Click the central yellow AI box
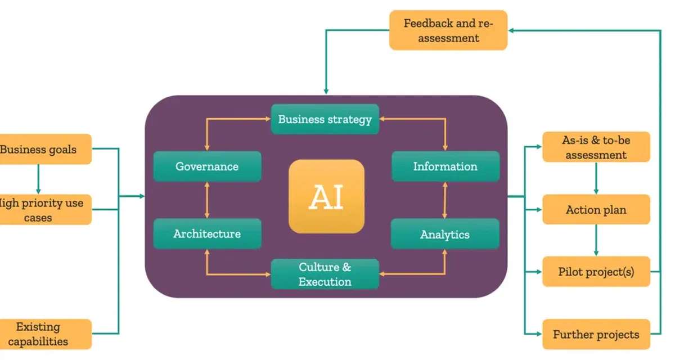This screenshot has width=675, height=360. tap(326, 196)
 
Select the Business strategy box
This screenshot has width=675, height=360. tap(325, 119)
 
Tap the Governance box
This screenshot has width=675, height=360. tap(207, 166)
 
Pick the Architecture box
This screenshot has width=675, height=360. tap(207, 233)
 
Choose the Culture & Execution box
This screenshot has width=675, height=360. tap(325, 274)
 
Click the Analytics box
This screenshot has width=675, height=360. tap(444, 234)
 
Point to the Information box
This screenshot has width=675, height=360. tap(445, 166)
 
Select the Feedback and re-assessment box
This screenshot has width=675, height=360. tap(448, 30)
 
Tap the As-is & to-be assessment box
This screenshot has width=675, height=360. tap(596, 147)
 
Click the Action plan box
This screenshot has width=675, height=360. tap(596, 210)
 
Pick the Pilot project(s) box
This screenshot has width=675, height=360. tap(596, 272)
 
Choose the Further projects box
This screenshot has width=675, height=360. tap(596, 335)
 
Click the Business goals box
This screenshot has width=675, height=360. tap(45, 150)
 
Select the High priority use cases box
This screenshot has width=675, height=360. tap(45, 210)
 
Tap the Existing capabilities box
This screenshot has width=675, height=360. tap(45, 334)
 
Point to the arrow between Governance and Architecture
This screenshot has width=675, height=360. tap(207, 200)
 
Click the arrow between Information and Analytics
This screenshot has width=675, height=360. tap(445, 200)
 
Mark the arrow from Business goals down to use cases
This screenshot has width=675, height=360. tap(38, 179)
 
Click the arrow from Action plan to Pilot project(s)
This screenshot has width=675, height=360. tap(596, 241)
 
